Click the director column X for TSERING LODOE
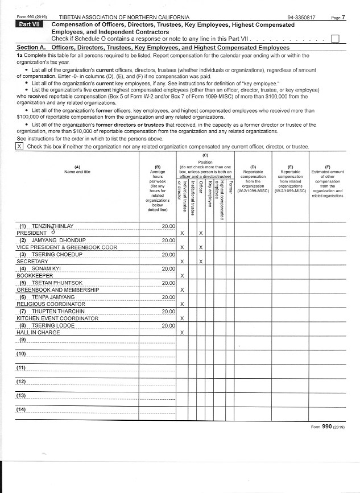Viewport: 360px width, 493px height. click(181, 332)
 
